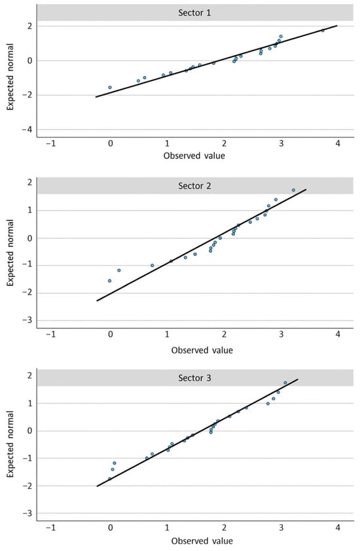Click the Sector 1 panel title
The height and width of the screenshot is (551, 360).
pyautogui.click(x=194, y=13)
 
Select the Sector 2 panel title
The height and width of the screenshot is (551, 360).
pyautogui.click(x=194, y=186)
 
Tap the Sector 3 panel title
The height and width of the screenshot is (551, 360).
pyautogui.click(x=194, y=378)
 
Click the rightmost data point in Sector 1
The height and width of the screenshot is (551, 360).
pyautogui.click(x=323, y=31)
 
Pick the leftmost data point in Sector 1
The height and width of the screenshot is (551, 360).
pyautogui.click(x=110, y=88)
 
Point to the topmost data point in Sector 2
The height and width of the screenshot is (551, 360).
pyautogui.click(x=293, y=190)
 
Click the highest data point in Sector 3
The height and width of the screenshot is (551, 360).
pyautogui.click(x=285, y=383)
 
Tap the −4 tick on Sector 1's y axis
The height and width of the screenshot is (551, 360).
pyautogui.click(x=27, y=130)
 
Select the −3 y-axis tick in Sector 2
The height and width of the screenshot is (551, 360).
pyautogui.click(x=27, y=320)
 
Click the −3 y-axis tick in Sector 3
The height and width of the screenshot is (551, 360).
pyautogui.click(x=27, y=514)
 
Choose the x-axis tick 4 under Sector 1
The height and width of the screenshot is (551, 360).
pyautogui.click(x=338, y=143)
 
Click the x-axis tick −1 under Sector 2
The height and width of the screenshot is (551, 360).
pyautogui.click(x=51, y=334)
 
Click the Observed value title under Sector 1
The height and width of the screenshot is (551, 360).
pyautogui.click(x=194, y=156)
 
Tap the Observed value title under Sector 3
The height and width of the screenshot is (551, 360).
pyautogui.click(x=202, y=541)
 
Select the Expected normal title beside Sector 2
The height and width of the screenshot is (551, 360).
pyautogui.click(x=10, y=253)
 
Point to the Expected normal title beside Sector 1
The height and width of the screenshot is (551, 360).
pyautogui.click(x=10, y=77)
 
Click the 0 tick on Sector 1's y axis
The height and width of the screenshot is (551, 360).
pyautogui.click(x=30, y=61)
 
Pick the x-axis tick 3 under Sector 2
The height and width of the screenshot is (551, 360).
pyautogui.click(x=281, y=334)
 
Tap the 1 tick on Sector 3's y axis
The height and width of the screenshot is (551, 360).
pyautogui.click(x=30, y=403)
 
